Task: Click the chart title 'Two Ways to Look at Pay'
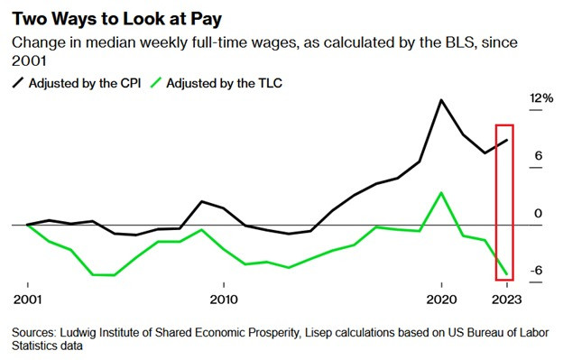coord(117,19)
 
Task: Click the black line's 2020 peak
coord(441,100)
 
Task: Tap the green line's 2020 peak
coord(441,193)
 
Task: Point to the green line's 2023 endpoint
coord(507,274)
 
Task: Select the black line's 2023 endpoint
coord(507,140)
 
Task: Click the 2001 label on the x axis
coord(28,300)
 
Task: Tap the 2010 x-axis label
coord(224,300)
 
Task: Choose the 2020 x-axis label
coord(441,300)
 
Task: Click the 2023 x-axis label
coord(507,300)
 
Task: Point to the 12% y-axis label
coord(541,97)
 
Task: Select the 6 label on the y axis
coord(538,156)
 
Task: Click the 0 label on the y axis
coord(538,213)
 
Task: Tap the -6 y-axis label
coord(536,271)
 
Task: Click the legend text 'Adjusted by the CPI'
coord(85,83)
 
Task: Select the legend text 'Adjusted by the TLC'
coord(224,83)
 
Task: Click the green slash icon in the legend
coord(156,83)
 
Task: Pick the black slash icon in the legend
coord(18,83)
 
